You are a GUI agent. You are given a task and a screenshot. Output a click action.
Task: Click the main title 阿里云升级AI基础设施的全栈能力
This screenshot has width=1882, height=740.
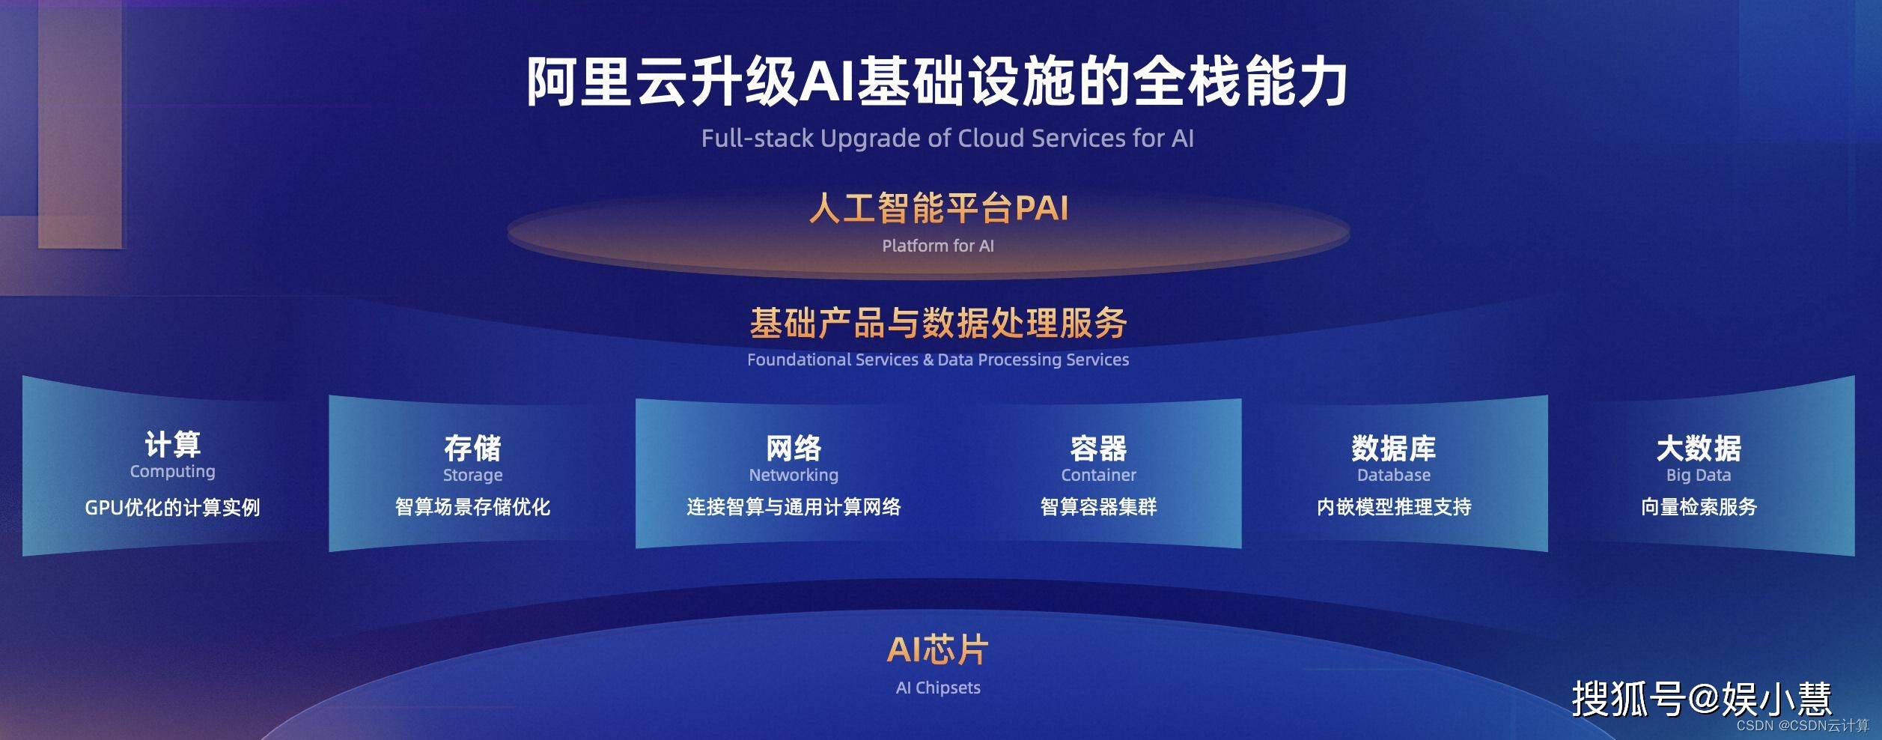coord(937,81)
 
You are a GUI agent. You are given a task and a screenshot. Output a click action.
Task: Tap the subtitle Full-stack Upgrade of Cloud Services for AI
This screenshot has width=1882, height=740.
coord(947,139)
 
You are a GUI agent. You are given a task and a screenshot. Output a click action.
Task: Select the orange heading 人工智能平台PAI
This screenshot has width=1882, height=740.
coord(939,208)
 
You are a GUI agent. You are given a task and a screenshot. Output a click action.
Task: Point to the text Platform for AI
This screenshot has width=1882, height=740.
coord(938,246)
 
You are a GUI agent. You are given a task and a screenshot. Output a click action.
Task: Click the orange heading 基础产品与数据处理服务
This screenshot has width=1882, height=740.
coord(938,323)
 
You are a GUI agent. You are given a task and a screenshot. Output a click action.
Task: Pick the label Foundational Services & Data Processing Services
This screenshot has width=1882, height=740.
coord(938,360)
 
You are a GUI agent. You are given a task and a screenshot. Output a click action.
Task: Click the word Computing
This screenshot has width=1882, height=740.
coord(173,472)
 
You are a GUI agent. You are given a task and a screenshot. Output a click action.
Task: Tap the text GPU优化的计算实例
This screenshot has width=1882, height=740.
coord(173,507)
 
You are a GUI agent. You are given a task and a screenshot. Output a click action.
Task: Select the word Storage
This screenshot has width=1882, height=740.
coord(473,475)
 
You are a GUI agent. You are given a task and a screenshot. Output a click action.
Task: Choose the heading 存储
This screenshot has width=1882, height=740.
coord(473,448)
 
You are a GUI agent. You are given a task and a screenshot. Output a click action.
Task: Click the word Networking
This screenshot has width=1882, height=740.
coord(794,475)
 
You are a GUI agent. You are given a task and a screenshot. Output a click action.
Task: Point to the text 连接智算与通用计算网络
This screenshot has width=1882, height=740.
coord(794,507)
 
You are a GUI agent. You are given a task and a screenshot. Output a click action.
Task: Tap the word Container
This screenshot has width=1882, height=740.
coord(1099,475)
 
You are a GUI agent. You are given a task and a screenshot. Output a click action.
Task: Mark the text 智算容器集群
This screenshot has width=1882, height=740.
coord(1099,507)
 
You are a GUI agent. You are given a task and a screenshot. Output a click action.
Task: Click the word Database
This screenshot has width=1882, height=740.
coord(1394,475)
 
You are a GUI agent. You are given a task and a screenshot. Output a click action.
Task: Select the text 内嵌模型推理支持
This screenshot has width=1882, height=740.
coord(1394,507)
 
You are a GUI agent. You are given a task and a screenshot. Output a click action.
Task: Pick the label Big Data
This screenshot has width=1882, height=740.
coord(1699,475)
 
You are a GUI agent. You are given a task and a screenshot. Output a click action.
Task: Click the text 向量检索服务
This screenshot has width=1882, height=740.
coord(1699,507)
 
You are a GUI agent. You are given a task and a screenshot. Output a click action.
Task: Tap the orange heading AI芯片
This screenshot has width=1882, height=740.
coord(938,649)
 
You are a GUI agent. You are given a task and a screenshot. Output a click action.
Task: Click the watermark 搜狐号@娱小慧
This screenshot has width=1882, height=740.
coord(1702,698)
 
